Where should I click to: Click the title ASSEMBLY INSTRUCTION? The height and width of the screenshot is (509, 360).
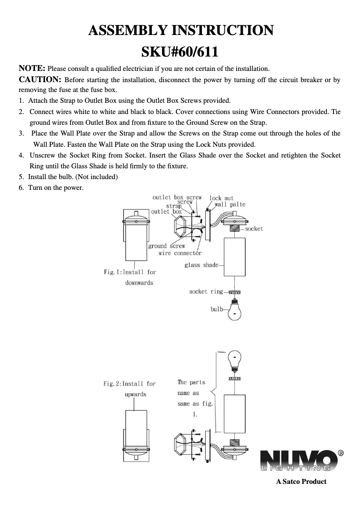[180, 31]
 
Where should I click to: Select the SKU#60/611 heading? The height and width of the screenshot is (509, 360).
[180, 52]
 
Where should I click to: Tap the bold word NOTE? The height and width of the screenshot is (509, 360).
[31, 69]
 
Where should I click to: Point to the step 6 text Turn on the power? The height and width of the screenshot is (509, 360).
[56, 187]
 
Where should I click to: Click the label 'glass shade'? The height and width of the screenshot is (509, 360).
[201, 265]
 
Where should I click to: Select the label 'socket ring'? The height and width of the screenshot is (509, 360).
[206, 292]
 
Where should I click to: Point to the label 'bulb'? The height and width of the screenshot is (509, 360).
[217, 309]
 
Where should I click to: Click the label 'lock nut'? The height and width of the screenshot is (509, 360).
[221, 198]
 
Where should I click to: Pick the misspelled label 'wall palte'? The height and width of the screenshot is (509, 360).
[230, 204]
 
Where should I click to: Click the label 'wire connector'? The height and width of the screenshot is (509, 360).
[180, 253]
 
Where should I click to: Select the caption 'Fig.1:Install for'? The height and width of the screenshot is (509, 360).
[130, 272]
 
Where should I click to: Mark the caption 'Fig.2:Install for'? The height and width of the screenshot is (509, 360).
[129, 384]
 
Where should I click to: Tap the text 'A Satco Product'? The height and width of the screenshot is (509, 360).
[301, 482]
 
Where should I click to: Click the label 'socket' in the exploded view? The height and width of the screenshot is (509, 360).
[254, 229]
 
